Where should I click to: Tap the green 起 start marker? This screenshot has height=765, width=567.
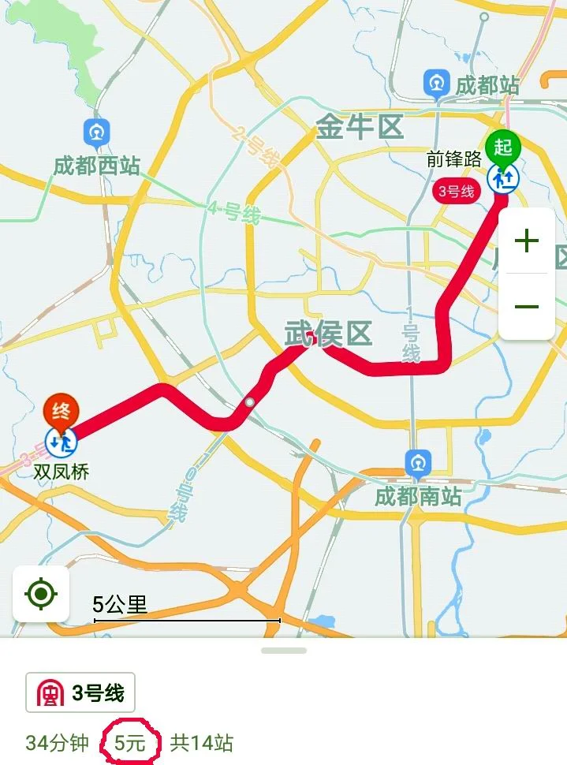tap(503, 146)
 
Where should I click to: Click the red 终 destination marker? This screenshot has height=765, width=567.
tap(61, 410)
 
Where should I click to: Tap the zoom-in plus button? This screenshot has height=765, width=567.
tap(526, 241)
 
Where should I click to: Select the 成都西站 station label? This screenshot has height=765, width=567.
tap(96, 166)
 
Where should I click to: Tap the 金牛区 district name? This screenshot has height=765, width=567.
tap(360, 127)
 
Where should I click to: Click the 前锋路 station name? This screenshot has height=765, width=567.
tap(453, 159)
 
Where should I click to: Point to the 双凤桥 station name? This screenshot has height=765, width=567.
tap(61, 472)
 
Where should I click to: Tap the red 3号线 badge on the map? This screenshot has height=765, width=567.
tap(457, 191)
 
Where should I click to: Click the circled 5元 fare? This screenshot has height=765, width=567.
tap(130, 742)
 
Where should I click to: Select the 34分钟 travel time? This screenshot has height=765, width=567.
tap(57, 742)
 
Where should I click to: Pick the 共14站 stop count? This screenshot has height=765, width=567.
tap(202, 742)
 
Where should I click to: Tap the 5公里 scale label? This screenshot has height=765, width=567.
tap(120, 605)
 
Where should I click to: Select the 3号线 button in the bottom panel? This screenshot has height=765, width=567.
tap(80, 693)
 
